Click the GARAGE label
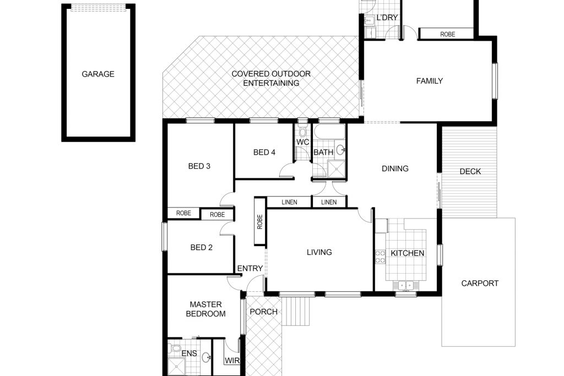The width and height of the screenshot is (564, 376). (98, 74)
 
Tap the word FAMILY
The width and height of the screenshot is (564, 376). (430, 81)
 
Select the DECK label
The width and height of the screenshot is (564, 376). (470, 171)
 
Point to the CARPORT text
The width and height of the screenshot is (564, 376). (480, 284)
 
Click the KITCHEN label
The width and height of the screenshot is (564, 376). (408, 253)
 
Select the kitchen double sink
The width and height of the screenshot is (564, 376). (406, 286)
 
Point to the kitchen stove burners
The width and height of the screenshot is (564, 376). (380, 257)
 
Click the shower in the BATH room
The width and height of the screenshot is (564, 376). (337, 170)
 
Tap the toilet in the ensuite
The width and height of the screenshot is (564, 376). (175, 348)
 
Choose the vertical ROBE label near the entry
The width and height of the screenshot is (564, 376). (260, 222)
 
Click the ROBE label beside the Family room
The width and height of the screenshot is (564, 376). (447, 34)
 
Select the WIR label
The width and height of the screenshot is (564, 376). (232, 360)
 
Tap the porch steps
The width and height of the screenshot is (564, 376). (295, 311)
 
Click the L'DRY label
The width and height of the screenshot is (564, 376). (387, 17)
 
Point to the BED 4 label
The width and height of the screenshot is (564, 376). (264, 152)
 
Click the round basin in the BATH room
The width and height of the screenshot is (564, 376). (340, 150)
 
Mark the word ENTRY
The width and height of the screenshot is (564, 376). (250, 268)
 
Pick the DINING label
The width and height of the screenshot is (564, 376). (395, 168)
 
